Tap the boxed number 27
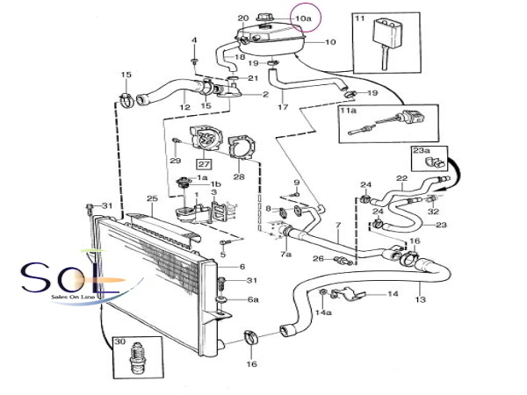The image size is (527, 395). pos(204,163)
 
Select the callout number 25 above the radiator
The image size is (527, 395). pos(152,200)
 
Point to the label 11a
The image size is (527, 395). pos(349,111)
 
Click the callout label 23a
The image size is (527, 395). pos(422,150)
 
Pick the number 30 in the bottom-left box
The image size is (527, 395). pos(119,341)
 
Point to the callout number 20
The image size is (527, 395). pos(243,18)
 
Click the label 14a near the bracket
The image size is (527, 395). pos(323,312)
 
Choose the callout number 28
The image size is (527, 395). pos(238,177)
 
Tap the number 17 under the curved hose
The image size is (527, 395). pos(283,107)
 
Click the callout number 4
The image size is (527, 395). pos(194,39)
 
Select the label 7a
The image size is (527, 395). pos(286,254)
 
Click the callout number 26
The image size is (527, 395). pos(319,259)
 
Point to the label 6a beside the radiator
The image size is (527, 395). pos(253,299)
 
